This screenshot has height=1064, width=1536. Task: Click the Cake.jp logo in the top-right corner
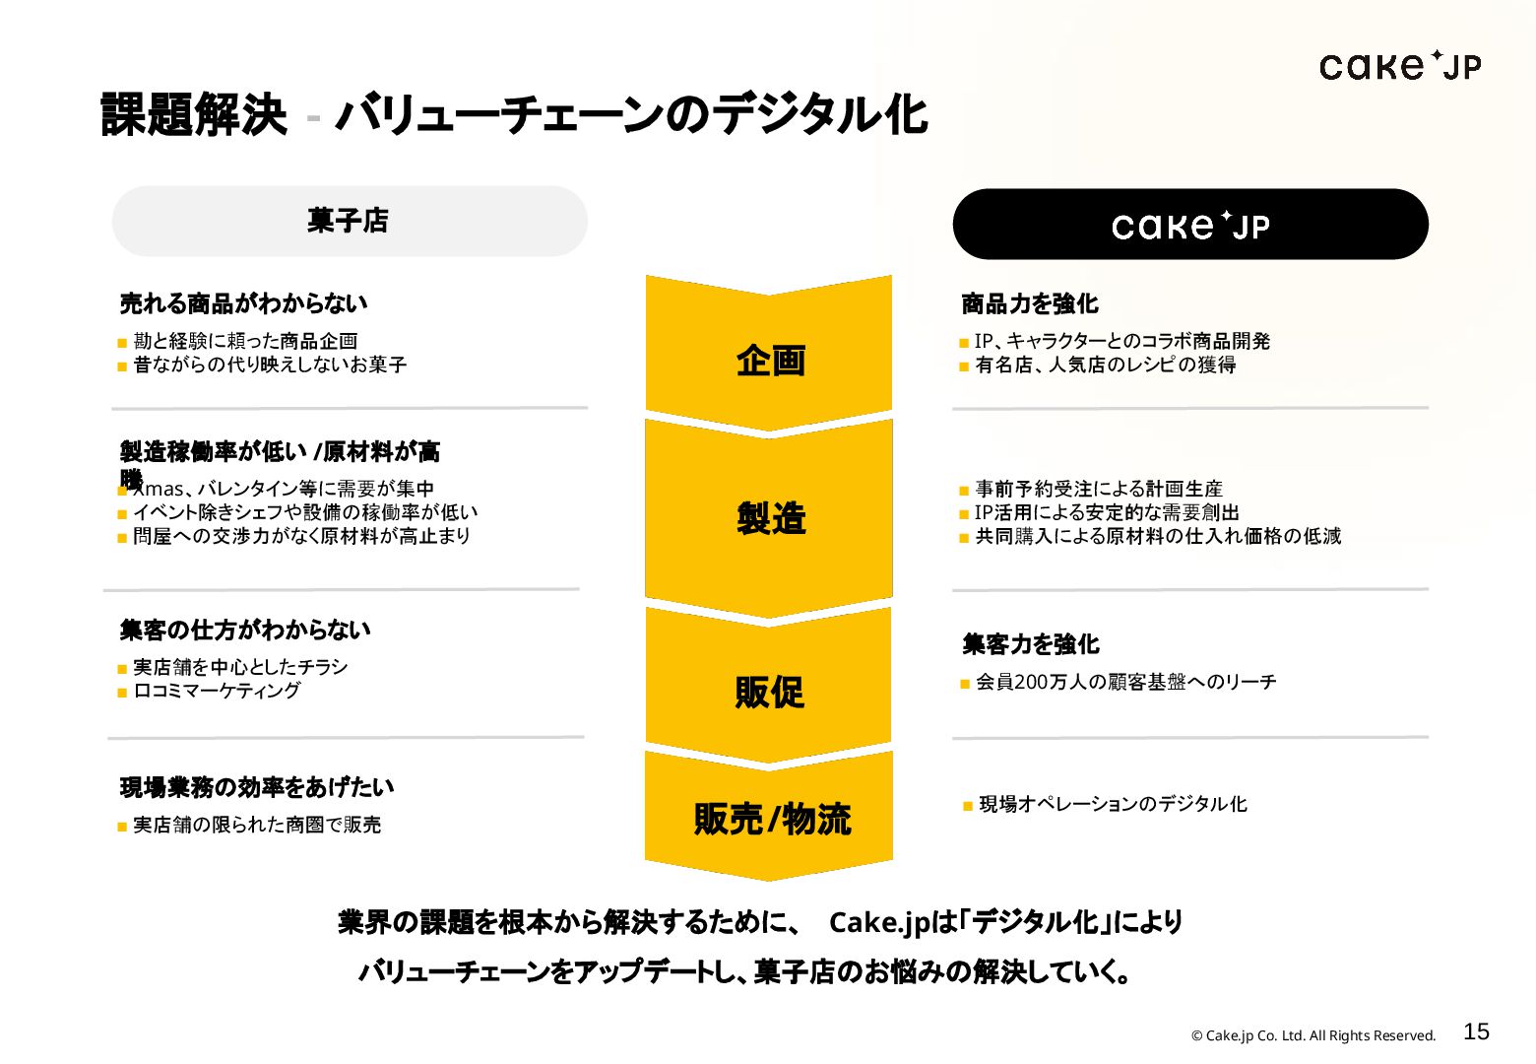tap(1399, 66)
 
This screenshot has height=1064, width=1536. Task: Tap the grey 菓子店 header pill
tap(350, 221)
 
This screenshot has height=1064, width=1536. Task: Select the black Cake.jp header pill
tap(1189, 225)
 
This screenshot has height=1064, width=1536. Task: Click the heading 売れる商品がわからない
tap(243, 303)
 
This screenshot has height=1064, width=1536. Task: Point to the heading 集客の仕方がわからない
tap(245, 630)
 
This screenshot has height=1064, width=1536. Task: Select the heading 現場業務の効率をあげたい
tap(257, 787)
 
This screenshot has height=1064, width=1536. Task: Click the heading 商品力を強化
tap(1030, 303)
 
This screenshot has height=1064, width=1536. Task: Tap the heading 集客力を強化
tap(1031, 644)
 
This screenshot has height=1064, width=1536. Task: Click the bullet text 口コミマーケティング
tap(217, 691)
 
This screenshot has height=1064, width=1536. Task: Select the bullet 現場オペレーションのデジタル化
tap(1113, 804)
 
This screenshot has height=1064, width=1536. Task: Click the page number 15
tap(1476, 1031)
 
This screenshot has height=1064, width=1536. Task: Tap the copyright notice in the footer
tap(1313, 1035)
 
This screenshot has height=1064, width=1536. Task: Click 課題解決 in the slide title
tap(194, 114)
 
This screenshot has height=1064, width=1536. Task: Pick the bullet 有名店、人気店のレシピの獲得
tap(1105, 365)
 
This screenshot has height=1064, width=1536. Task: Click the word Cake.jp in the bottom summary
tap(878, 922)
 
